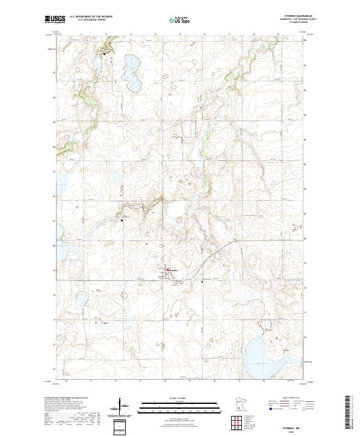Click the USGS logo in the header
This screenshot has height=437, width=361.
point(57,20)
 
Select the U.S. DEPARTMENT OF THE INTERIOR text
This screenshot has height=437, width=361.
point(96,17)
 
